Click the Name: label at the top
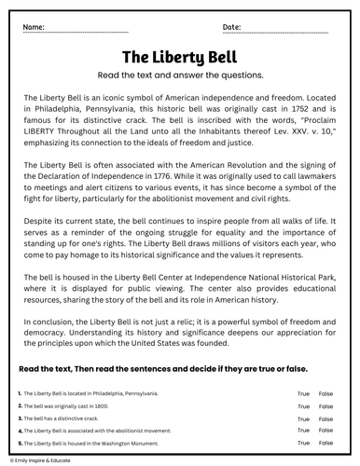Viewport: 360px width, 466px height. click(x=34, y=27)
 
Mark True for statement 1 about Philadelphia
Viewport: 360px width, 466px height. click(x=303, y=394)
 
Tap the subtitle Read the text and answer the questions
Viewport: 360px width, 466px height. click(x=179, y=75)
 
